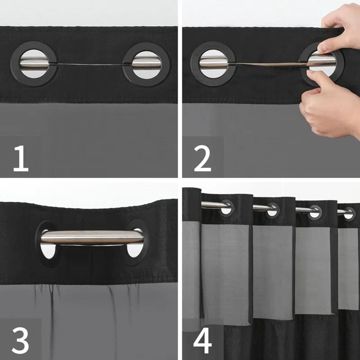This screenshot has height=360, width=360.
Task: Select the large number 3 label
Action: click(21, 340)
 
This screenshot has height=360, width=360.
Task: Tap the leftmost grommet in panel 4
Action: click(226, 206)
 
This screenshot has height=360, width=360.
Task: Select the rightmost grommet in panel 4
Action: click(349, 213)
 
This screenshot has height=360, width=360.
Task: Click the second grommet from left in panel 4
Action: click(273, 210)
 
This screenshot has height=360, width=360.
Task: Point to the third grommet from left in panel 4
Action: click(315, 211)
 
